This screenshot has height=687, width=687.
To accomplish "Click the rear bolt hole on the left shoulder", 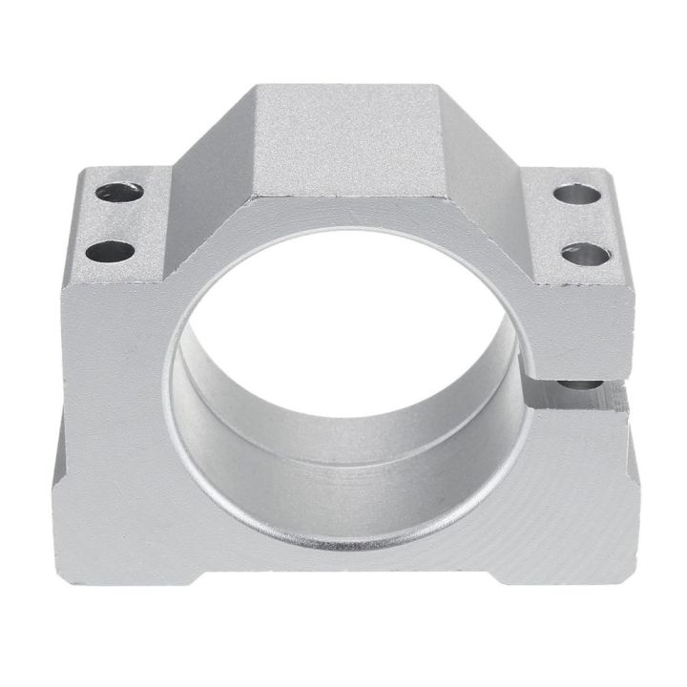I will point(119,192).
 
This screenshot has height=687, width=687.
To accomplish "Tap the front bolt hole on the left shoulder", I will point(113,253).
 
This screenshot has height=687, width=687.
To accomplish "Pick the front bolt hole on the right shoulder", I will point(585,254).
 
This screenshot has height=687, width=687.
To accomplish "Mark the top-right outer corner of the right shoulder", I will point(611,173).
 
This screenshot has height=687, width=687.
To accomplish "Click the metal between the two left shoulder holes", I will point(116,221).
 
